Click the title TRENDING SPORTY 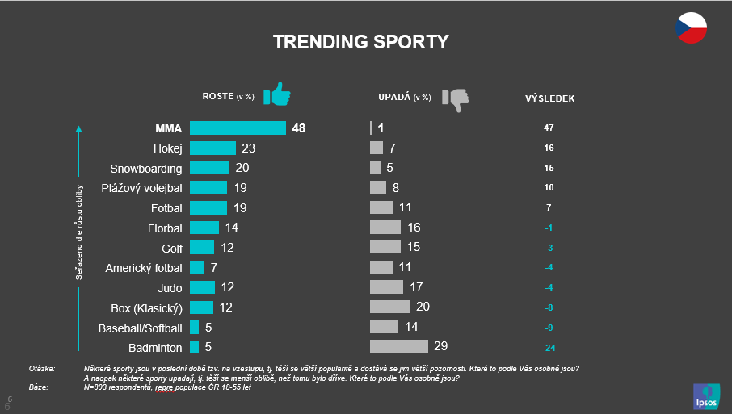click(x=360, y=42)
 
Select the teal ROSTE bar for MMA click(x=238, y=128)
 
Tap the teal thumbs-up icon click(x=277, y=95)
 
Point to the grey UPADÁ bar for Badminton click(x=398, y=346)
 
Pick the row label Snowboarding click(x=145, y=169)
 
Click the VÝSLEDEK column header click(x=549, y=98)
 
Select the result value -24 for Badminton click(x=549, y=348)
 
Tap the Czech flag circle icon click(x=692, y=28)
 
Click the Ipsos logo click(x=704, y=395)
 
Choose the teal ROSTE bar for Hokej click(x=212, y=148)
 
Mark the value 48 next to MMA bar click(x=299, y=128)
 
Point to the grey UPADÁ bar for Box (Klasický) click(x=390, y=307)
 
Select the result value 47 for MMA click(x=549, y=128)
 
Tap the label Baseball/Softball click(x=140, y=328)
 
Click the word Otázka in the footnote click(x=42, y=369)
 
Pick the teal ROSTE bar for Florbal click(x=204, y=228)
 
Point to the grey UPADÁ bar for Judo click(x=386, y=286)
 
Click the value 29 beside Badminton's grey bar click(x=440, y=346)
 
